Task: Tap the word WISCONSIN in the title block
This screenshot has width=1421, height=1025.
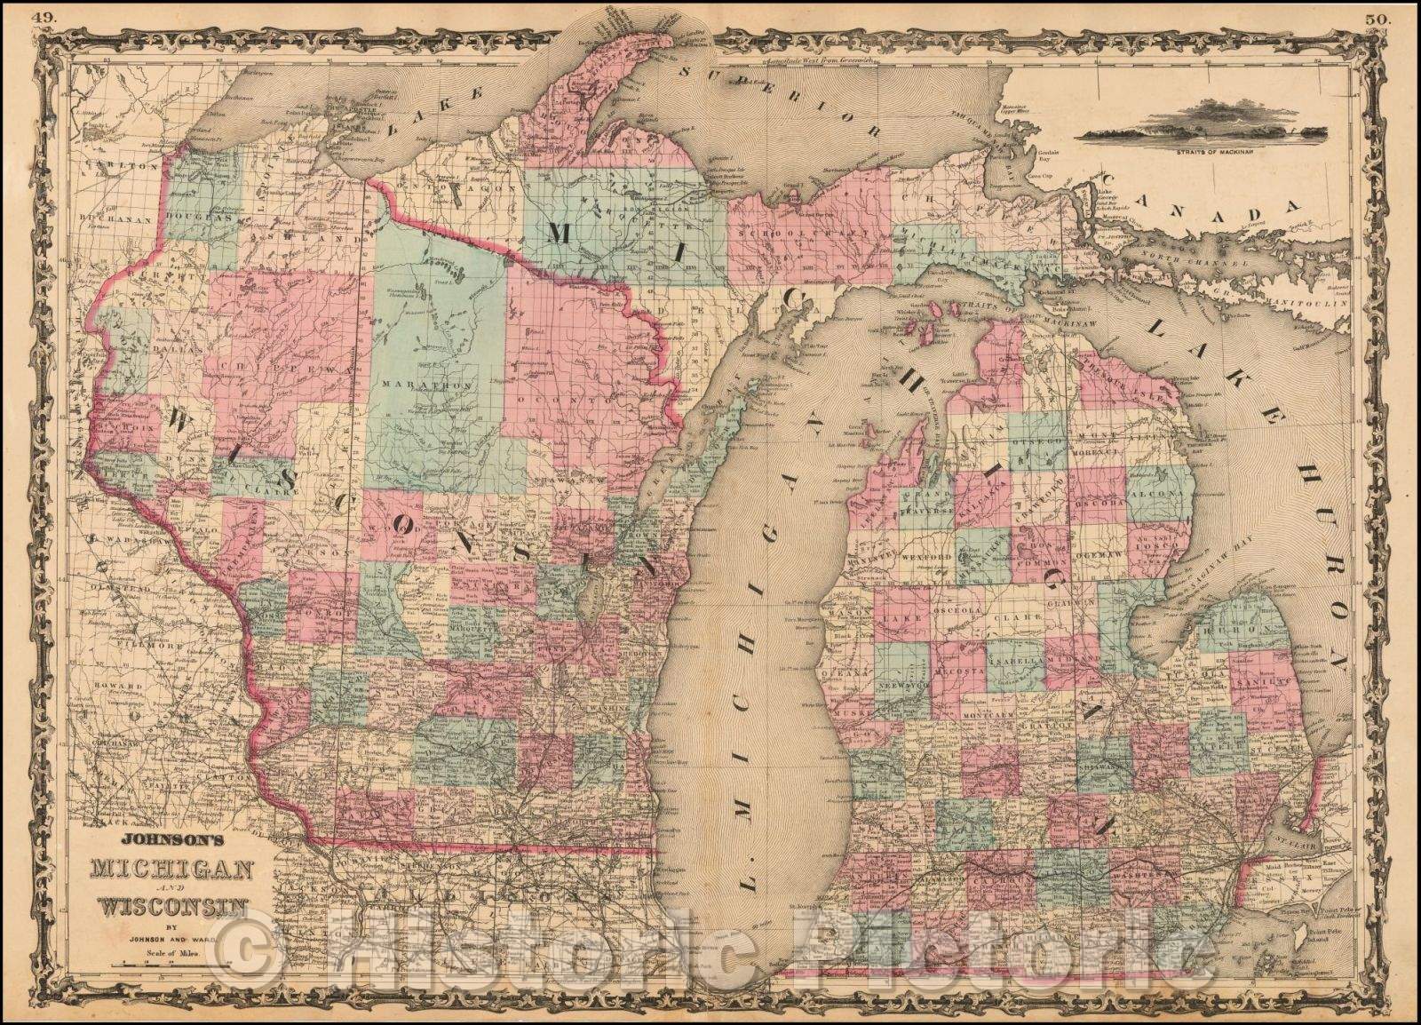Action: click(x=173, y=907)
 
